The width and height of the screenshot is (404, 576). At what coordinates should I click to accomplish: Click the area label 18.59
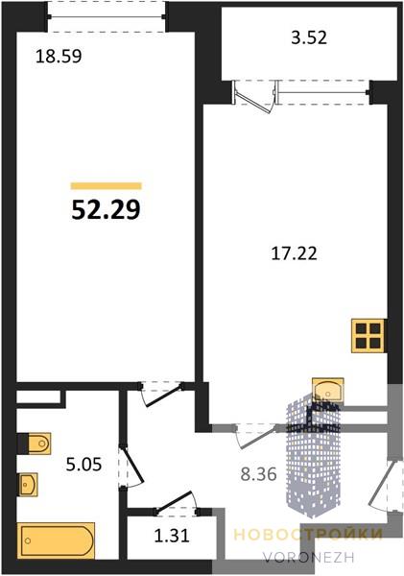59,57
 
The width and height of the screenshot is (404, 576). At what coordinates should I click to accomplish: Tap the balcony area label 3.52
309,37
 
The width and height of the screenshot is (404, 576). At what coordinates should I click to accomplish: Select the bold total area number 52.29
106,210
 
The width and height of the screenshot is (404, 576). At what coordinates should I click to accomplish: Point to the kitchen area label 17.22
294,253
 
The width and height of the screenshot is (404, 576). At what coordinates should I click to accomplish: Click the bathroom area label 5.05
83,465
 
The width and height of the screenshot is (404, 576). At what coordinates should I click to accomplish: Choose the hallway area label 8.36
258,474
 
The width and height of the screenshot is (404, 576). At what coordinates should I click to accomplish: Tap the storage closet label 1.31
172,536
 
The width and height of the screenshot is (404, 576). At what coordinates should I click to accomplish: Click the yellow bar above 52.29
106,186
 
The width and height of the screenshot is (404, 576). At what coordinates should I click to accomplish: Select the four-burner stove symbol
368,336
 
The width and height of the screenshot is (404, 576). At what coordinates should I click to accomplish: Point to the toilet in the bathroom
35,444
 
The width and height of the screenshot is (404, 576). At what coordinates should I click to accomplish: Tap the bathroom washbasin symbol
28,485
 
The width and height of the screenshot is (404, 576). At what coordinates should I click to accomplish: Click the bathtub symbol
56,540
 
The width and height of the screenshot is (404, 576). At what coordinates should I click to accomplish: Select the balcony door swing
254,98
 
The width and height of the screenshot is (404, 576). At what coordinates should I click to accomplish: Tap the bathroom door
131,467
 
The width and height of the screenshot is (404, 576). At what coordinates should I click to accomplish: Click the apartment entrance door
379,485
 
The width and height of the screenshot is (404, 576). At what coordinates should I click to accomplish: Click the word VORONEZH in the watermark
308,558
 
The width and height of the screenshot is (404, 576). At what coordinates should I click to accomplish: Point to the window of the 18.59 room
107,17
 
